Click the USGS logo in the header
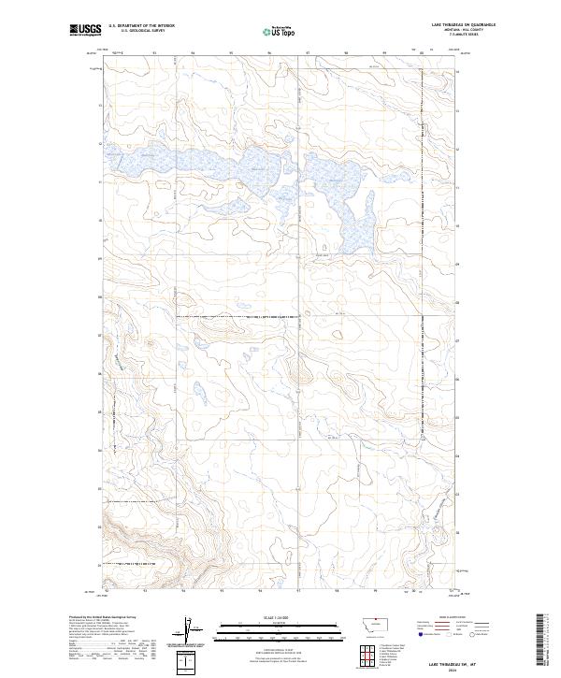[83, 31]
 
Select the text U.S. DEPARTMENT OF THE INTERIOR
[141, 26]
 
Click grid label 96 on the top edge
[269, 53]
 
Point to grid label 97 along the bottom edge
[297, 591]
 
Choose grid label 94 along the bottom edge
[183, 591]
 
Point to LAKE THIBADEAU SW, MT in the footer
[441, 661]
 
